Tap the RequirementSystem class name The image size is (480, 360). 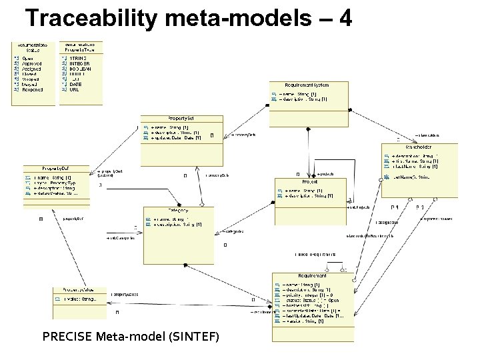(x=307, y=85)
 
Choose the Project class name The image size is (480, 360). (x=309, y=181)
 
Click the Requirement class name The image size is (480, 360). (x=312, y=275)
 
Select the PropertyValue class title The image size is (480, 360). (x=78, y=290)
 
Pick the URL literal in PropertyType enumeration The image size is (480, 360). (x=75, y=89)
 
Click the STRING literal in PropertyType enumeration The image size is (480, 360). (x=77, y=59)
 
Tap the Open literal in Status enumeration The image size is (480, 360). (x=27, y=59)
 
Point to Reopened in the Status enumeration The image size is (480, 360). (x=33, y=89)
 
